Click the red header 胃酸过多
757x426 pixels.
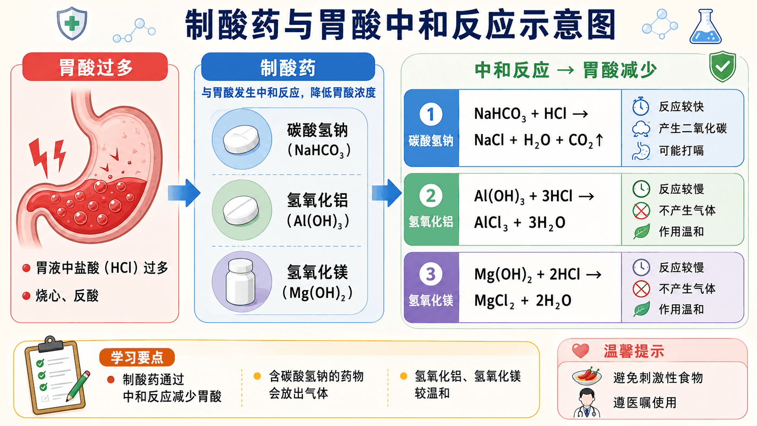pyautogui.click(x=95, y=67)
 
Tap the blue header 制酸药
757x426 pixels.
pyautogui.click(x=288, y=67)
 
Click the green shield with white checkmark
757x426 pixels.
pyautogui.click(x=723, y=66)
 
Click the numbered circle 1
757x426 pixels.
pyautogui.click(x=431, y=114)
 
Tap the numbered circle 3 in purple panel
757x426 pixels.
pyautogui.click(x=431, y=274)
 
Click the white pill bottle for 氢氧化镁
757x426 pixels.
pyautogui.click(x=240, y=282)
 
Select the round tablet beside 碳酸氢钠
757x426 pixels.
pyautogui.click(x=241, y=139)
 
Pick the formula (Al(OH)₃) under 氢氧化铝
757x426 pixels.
pyautogui.click(x=318, y=221)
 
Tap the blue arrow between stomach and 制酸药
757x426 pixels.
pyautogui.click(x=184, y=193)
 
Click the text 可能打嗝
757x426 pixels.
pyautogui.click(x=681, y=150)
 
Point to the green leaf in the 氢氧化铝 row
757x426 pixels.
pyautogui.click(x=641, y=232)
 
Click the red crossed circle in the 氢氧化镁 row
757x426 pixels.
pyautogui.click(x=641, y=289)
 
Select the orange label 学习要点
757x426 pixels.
pyautogui.click(x=137, y=357)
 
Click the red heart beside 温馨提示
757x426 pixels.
pyautogui.click(x=580, y=351)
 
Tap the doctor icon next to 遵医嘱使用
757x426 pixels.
pyautogui.click(x=587, y=403)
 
